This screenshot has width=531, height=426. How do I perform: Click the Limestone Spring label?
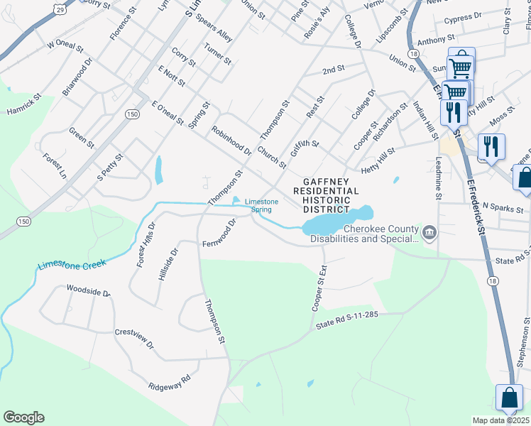[x=262, y=205]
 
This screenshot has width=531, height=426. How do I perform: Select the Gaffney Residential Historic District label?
[x=327, y=195]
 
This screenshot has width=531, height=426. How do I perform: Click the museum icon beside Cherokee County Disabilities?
[x=429, y=233]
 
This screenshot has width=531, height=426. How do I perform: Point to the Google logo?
[x=23, y=417]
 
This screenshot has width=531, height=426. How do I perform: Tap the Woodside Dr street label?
[x=89, y=291]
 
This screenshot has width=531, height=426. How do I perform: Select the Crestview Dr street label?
[x=134, y=339]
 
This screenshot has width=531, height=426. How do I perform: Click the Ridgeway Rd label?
[x=170, y=382]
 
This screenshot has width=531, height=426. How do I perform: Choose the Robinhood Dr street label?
[x=231, y=141]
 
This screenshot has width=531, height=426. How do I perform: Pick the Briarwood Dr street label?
[x=78, y=77]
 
